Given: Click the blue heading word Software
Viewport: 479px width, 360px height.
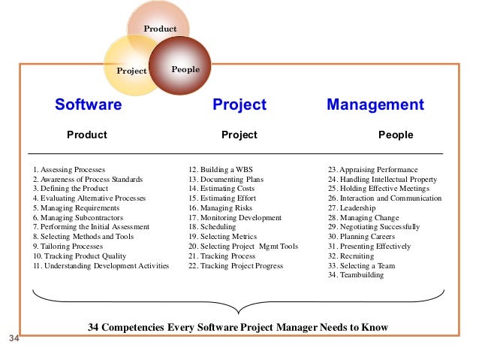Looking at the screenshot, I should tap(88, 105).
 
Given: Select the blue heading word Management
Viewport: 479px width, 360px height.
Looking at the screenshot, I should tap(375, 105).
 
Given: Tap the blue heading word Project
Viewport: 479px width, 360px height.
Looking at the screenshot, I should tap(239, 105).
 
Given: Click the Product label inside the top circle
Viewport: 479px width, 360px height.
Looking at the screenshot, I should tap(160, 29).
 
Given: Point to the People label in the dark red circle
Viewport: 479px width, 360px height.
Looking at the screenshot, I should tap(185, 70).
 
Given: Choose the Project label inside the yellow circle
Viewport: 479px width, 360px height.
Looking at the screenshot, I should tap(131, 71).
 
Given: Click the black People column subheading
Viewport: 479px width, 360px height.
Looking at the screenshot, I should tap(396, 135).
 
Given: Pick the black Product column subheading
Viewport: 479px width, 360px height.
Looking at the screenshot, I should tap(87, 135).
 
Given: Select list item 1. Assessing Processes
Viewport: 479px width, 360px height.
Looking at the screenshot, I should tap(69, 170).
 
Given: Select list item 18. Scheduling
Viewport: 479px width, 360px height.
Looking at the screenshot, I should tap(214, 227).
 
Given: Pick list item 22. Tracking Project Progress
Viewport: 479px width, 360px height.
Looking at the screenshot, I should tap(236, 266).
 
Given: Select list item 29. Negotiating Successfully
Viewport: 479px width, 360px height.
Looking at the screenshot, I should tap(374, 227).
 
